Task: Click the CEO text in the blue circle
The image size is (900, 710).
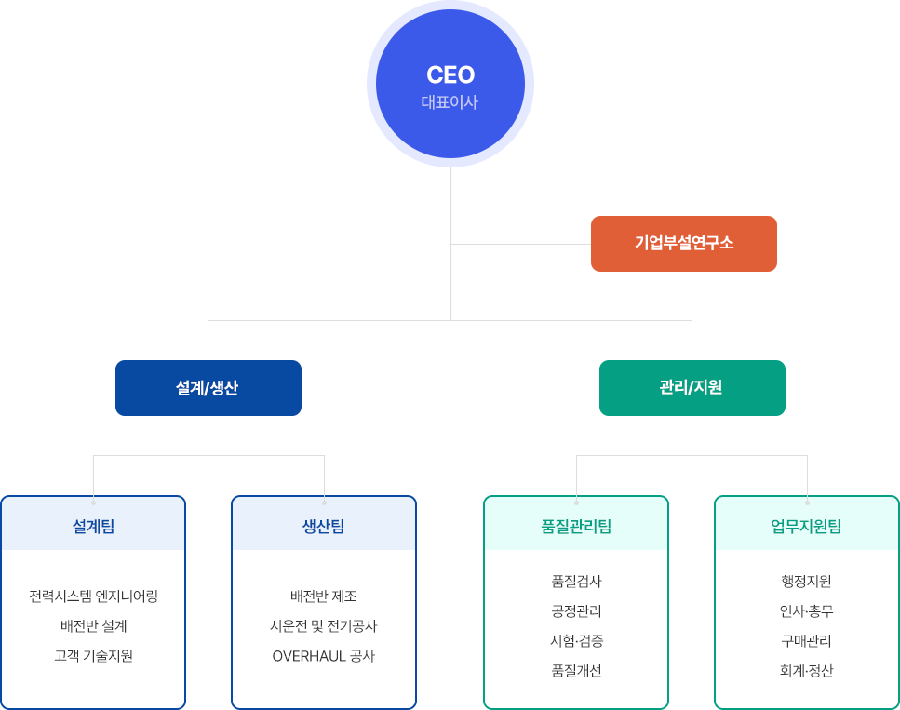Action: pyautogui.click(x=450, y=74)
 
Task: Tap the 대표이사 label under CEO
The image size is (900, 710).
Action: pyautogui.click(x=450, y=102)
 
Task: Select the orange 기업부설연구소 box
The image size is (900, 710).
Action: pyautogui.click(x=683, y=244)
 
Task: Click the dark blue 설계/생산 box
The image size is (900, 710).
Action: pyautogui.click(x=208, y=388)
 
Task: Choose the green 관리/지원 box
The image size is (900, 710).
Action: pyautogui.click(x=692, y=388)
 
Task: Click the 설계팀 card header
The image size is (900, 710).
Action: pyautogui.click(x=93, y=527)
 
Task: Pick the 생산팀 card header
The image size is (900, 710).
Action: pyautogui.click(x=324, y=527)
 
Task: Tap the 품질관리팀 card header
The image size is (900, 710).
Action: pyautogui.click(x=576, y=527)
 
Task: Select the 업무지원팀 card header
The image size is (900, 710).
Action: pyautogui.click(x=807, y=527)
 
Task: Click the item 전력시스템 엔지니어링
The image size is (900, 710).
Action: pyautogui.click(x=93, y=596)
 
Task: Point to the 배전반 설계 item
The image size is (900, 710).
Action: pyautogui.click(x=93, y=626)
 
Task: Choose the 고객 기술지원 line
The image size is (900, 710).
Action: pyautogui.click(x=93, y=656)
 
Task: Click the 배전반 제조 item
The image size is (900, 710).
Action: pyautogui.click(x=324, y=596)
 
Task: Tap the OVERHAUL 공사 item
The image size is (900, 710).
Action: pyautogui.click(x=324, y=656)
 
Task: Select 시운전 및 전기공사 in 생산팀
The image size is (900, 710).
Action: pyautogui.click(x=324, y=626)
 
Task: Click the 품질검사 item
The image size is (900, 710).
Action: pyautogui.click(x=576, y=582)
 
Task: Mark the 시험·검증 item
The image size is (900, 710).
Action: pyautogui.click(x=576, y=641)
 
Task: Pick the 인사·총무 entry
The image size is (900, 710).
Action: pyautogui.click(x=807, y=611)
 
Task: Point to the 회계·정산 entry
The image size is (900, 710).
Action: pyautogui.click(x=807, y=671)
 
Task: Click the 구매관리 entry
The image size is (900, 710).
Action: pyautogui.click(x=807, y=641)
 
